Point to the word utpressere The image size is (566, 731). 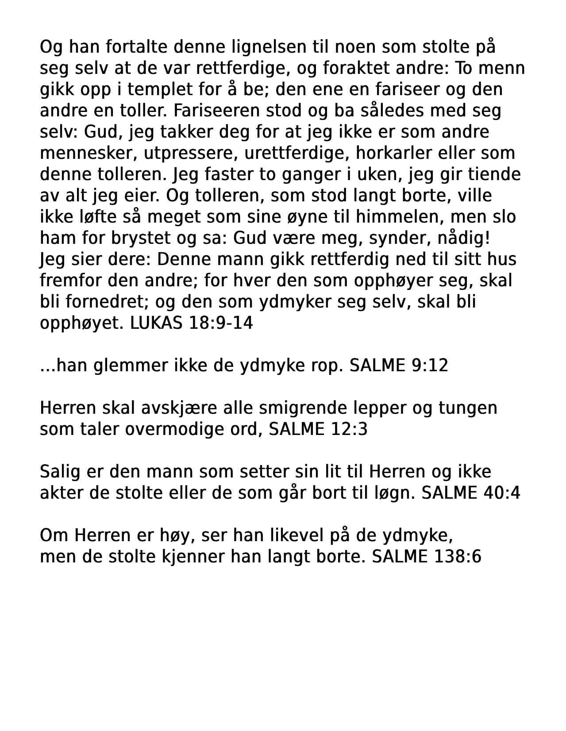pos(192,153)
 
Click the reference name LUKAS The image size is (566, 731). pos(156,323)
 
